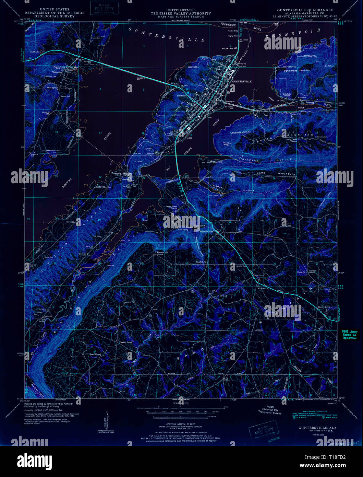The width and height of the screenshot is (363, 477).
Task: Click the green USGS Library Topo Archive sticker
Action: [349, 335]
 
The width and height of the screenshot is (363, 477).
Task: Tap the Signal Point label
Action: [290, 71]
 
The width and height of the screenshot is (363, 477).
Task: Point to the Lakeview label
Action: [149, 154]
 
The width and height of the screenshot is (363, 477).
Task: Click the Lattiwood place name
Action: [258, 330]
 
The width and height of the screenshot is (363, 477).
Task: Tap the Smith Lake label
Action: [35, 52]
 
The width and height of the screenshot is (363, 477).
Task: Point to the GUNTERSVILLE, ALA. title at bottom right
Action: [313, 428]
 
